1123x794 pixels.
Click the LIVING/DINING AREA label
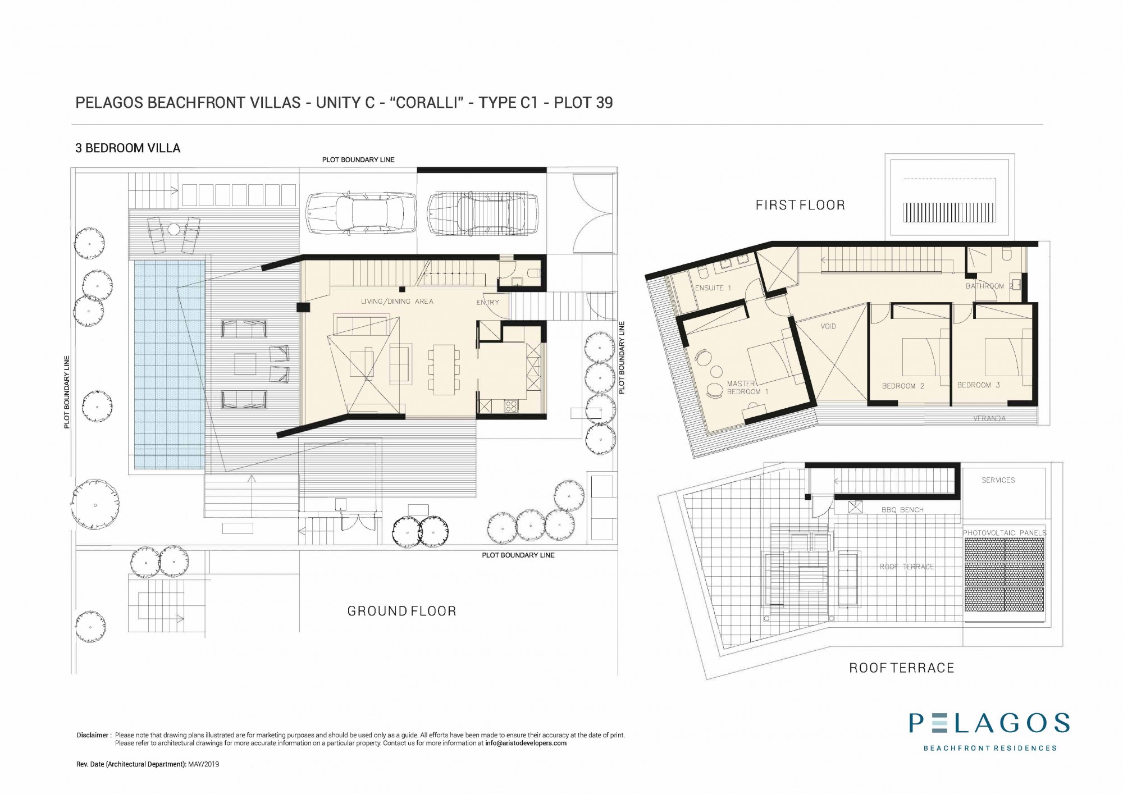click(x=397, y=302)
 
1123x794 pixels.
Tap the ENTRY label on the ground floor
click(x=487, y=302)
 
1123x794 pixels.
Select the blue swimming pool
click(x=169, y=364)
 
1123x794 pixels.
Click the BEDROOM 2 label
click(x=903, y=386)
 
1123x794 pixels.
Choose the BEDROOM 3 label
click(x=979, y=385)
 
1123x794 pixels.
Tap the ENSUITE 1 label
click(x=713, y=288)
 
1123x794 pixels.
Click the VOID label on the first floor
click(x=828, y=326)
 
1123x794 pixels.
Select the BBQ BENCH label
click(x=902, y=510)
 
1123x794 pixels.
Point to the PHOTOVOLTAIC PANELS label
click(x=1005, y=533)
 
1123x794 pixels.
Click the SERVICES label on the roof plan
click(x=998, y=480)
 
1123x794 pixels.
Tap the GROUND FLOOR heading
click(x=402, y=611)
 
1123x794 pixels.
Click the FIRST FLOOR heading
click(x=800, y=205)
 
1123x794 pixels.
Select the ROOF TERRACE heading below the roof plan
click(x=902, y=668)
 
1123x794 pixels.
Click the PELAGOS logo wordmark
click(x=989, y=723)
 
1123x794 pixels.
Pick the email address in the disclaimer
click(x=526, y=743)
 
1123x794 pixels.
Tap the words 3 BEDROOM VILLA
click(x=128, y=148)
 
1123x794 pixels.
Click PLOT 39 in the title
click(x=583, y=103)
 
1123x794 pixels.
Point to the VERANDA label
click(x=989, y=418)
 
